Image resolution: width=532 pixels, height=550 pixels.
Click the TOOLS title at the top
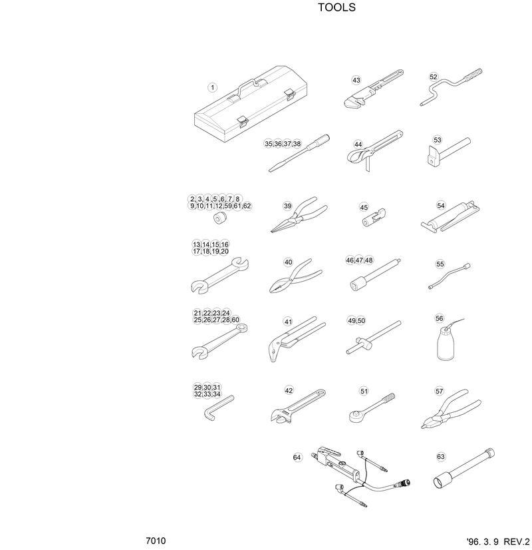point(336,8)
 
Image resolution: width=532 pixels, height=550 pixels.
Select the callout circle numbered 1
point(212,87)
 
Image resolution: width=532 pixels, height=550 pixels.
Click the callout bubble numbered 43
point(356,81)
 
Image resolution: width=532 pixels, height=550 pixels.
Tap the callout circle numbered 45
point(364,207)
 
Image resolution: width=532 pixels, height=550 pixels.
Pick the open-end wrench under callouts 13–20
point(219,274)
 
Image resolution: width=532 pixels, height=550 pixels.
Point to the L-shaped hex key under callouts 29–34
point(217,407)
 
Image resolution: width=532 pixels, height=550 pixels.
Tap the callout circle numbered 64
point(297,457)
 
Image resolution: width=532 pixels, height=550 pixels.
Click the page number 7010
point(156,540)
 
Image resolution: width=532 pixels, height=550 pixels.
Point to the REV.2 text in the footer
point(517,541)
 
